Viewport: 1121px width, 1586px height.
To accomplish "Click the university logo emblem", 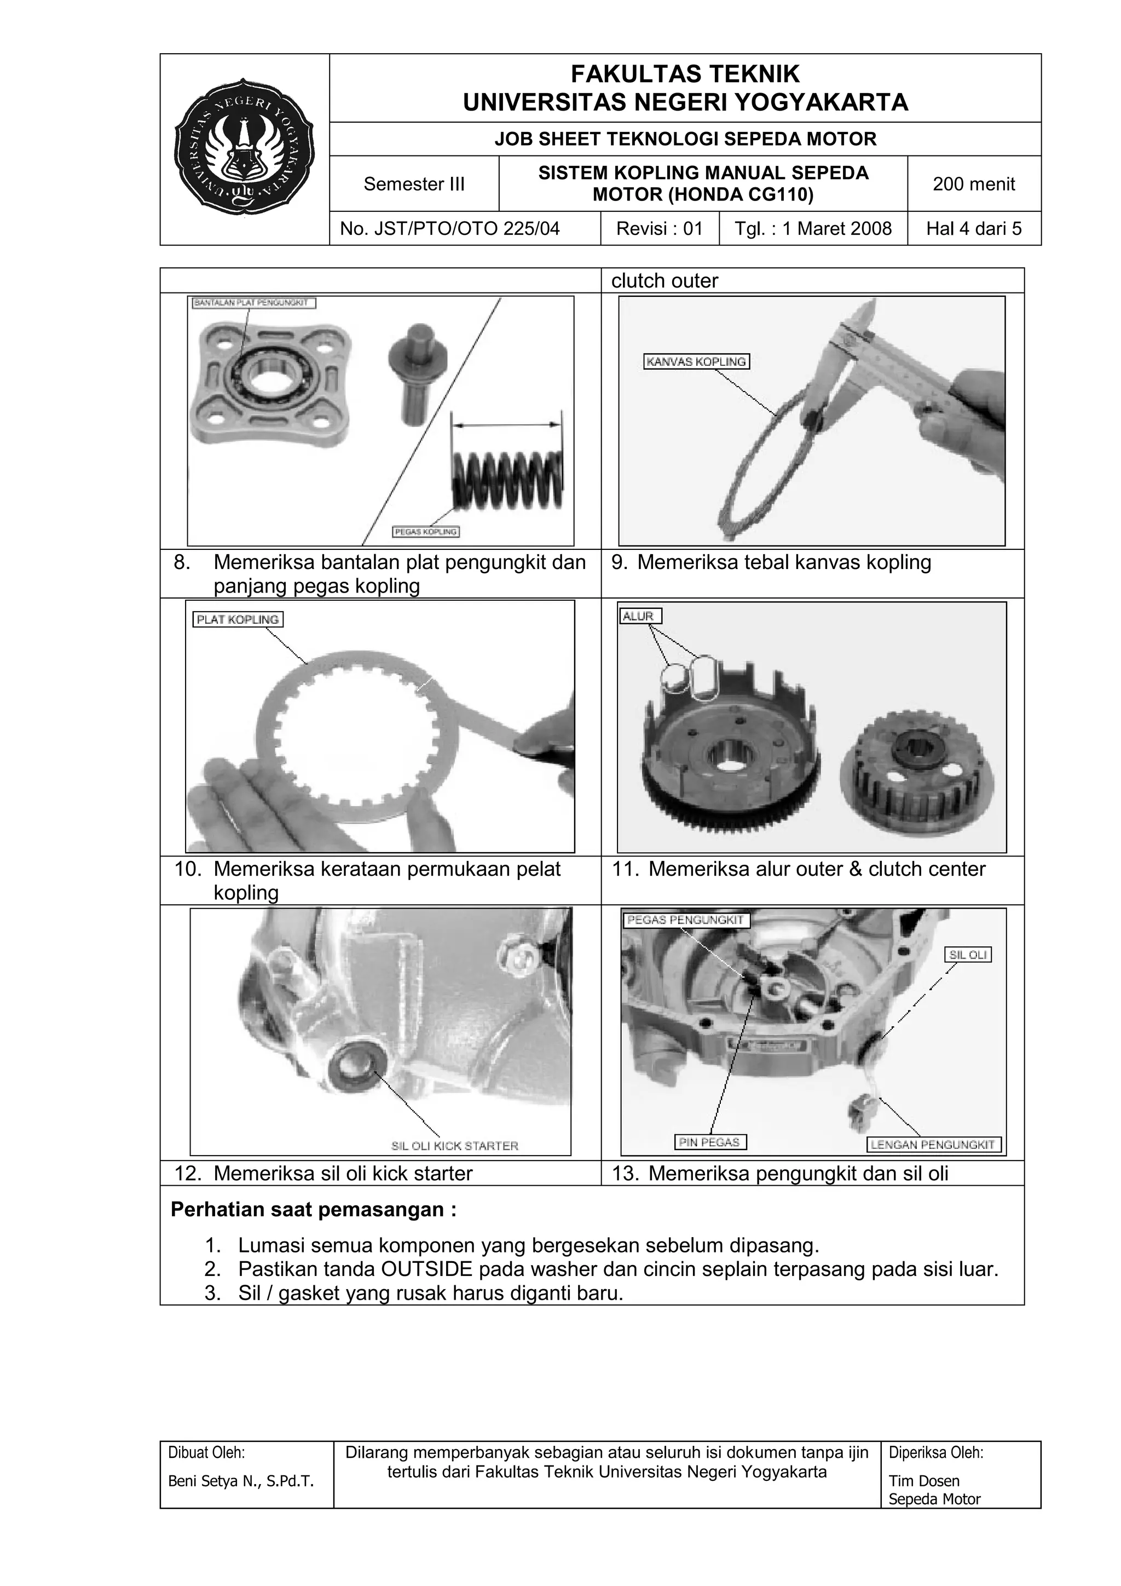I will coord(244,145).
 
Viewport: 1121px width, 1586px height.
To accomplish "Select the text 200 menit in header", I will coord(973,184).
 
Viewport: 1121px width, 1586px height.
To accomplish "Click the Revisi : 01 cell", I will coord(659,228).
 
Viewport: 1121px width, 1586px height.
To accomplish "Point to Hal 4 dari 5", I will coord(973,228).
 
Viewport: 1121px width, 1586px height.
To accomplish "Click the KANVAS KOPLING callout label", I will coord(696,361).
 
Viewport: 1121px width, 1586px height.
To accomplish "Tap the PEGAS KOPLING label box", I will coord(426,531).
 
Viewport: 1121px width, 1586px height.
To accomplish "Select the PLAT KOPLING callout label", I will coord(238,619).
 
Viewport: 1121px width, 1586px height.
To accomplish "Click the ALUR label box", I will coord(639,616).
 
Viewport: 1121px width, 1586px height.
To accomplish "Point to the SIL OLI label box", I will coord(968,955).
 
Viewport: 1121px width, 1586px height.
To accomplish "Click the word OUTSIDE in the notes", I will coord(426,1269).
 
